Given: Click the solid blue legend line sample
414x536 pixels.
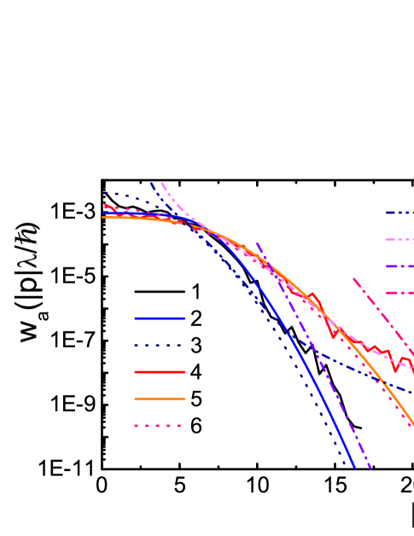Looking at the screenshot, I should tap(160, 318).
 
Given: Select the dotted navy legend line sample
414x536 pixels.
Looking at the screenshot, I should tap(159, 346).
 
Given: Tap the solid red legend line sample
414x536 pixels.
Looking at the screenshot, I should tap(160, 372).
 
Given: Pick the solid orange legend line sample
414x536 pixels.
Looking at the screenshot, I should tap(160, 399).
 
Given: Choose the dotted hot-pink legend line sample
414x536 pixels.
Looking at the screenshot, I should tap(159, 425).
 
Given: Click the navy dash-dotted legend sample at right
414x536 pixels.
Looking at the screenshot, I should tap(399, 213).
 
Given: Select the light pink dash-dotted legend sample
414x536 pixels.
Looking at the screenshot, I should tap(399, 240).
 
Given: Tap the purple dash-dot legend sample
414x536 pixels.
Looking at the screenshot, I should tap(399, 266).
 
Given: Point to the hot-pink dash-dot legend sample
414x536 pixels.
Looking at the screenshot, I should tap(399, 293).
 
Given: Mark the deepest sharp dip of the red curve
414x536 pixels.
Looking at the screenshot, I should tap(334, 336).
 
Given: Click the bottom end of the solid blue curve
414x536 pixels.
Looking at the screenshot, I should tap(353, 467).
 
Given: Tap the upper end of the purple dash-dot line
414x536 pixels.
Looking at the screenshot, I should tap(257, 243).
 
